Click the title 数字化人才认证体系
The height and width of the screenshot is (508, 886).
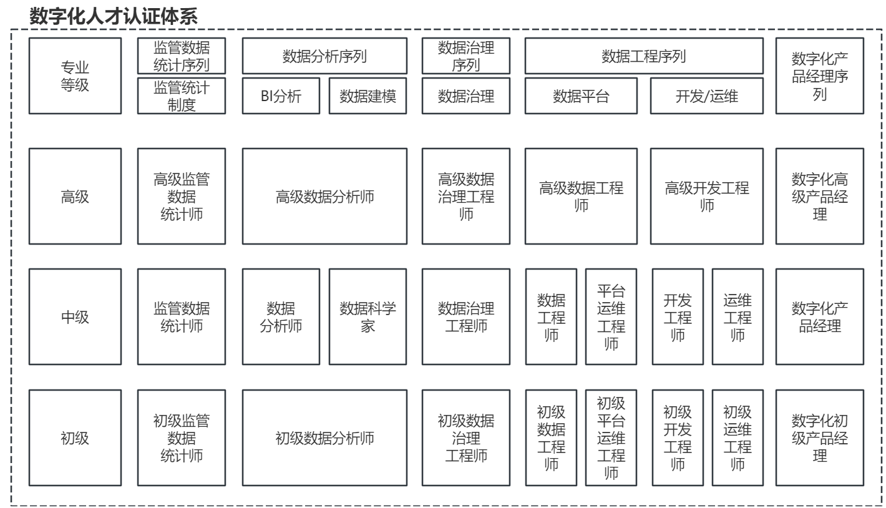[x=114, y=16]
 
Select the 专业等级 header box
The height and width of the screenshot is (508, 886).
[x=75, y=76]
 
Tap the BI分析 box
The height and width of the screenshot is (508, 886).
[x=281, y=95]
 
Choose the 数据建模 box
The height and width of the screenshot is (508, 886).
[x=368, y=95]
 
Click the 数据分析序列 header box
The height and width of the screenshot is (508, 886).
[x=324, y=56]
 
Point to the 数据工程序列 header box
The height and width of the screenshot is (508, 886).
[x=644, y=56]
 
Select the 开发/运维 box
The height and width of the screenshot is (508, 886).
[x=707, y=95]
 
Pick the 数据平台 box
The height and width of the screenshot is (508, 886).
[x=581, y=95]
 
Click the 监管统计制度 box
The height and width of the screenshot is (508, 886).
[x=182, y=95]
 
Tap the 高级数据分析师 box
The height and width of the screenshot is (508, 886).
[x=324, y=196]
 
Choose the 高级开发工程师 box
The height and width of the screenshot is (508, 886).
[x=707, y=196]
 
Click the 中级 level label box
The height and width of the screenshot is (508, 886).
[x=75, y=317]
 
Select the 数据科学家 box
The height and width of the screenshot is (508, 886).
[x=368, y=317]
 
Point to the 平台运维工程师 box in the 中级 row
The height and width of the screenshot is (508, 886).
[x=611, y=317]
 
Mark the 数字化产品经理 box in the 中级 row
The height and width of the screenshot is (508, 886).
[x=820, y=317]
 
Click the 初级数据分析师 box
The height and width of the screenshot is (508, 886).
[x=324, y=438]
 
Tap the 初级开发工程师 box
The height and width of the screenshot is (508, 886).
[x=678, y=438]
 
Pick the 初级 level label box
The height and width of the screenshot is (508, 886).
[x=75, y=438]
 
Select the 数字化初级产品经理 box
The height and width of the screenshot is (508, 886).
[x=820, y=438]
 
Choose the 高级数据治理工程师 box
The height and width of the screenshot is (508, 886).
[x=466, y=196]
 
